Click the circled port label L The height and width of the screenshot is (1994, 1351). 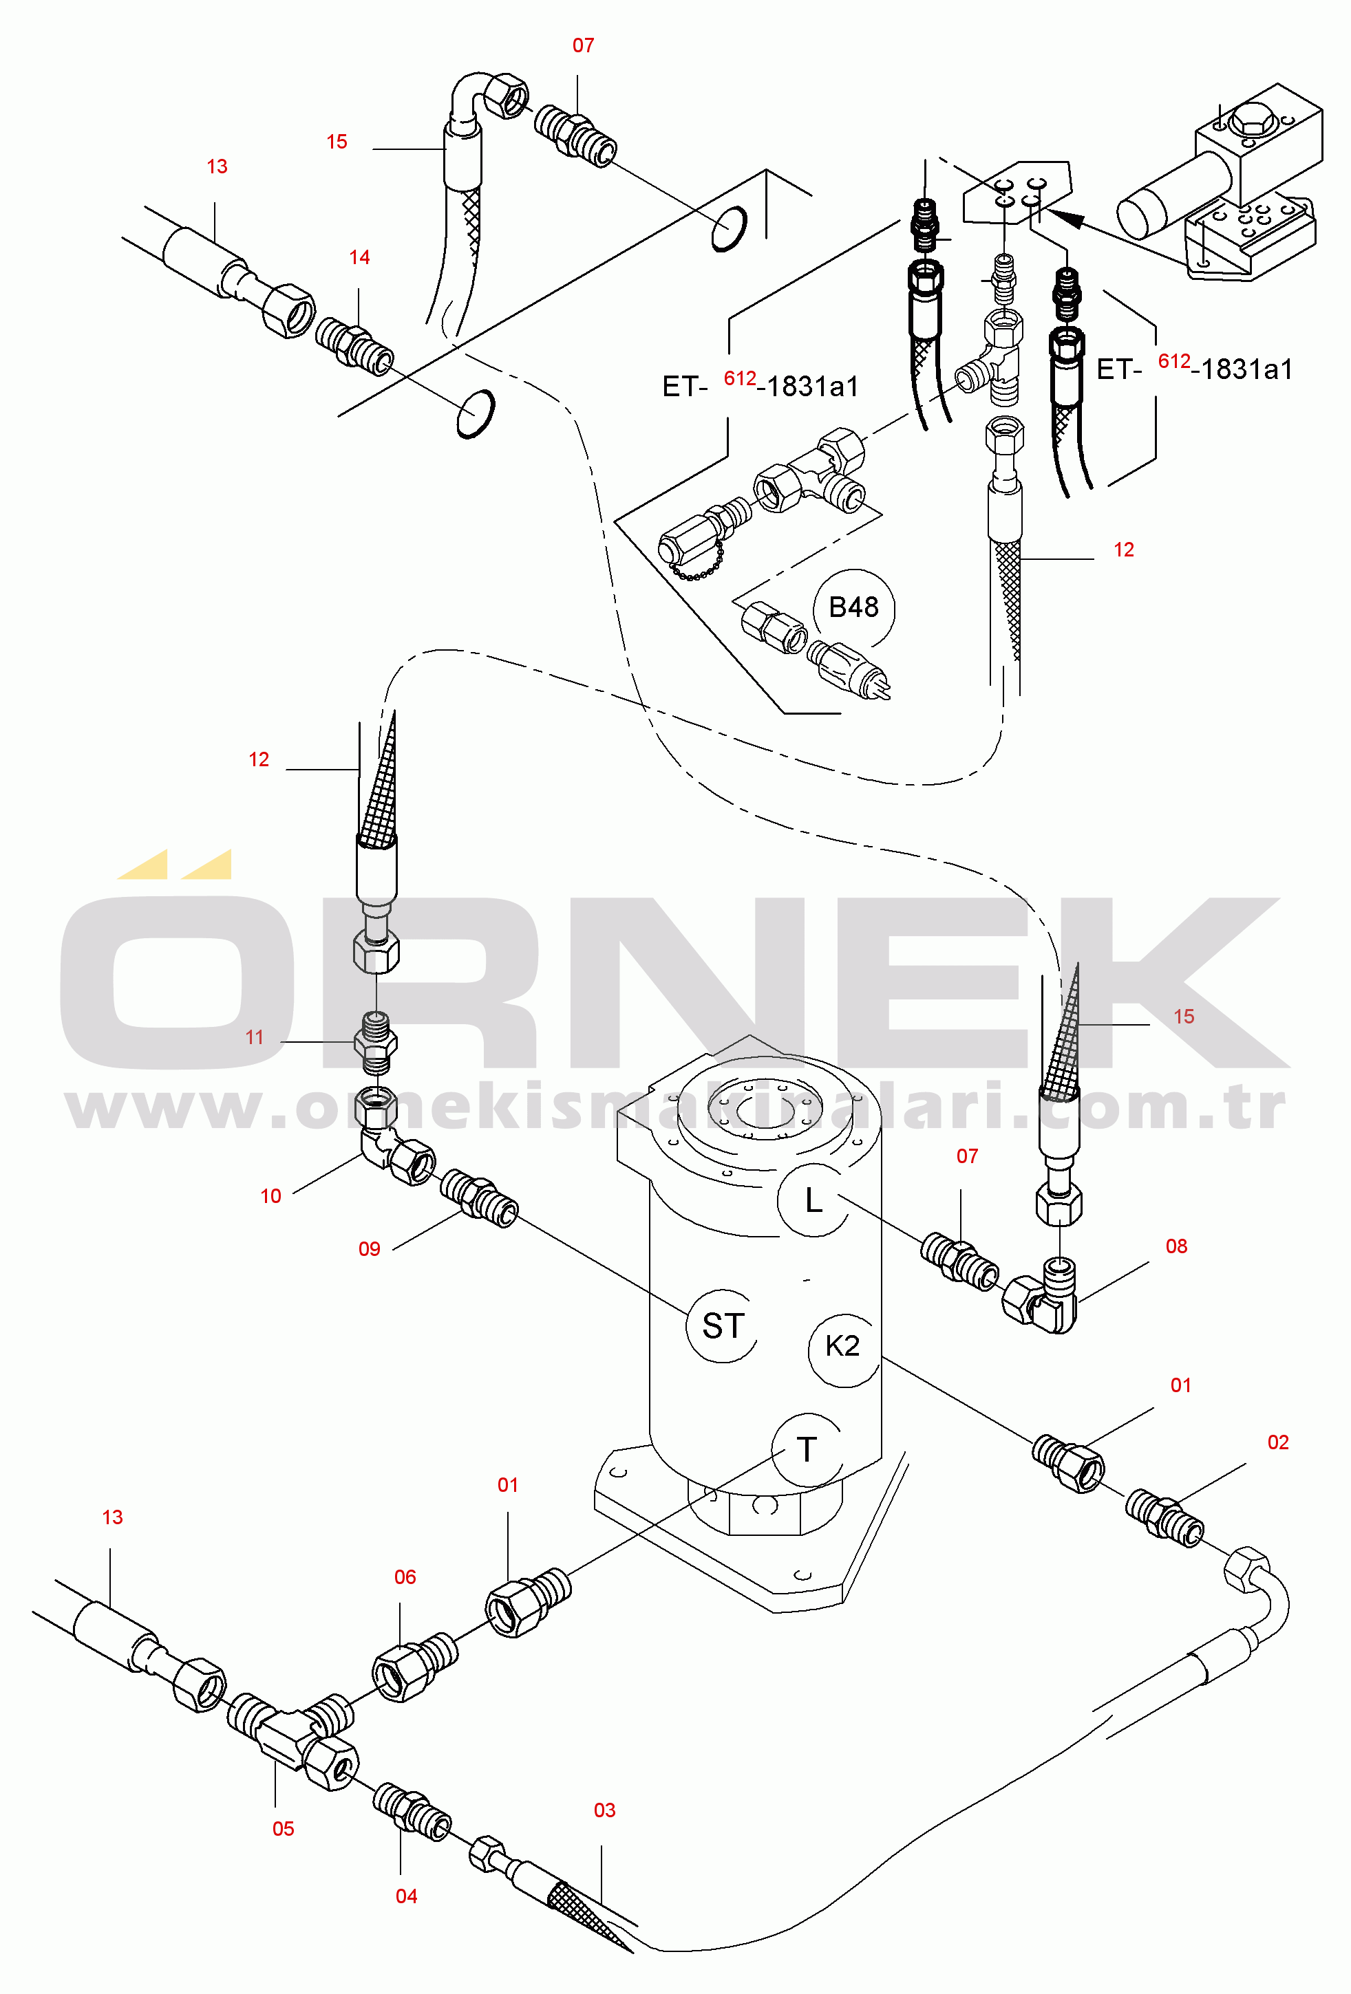point(813,1200)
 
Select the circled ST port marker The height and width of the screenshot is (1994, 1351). point(723,1325)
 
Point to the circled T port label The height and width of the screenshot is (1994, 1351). point(807,1449)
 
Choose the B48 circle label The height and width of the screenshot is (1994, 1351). point(853,607)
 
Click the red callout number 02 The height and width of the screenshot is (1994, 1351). point(1278,1442)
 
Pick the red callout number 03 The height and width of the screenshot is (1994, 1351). point(604,1810)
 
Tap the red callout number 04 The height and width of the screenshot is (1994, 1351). point(406,1896)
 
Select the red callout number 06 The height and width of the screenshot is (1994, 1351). point(404,1577)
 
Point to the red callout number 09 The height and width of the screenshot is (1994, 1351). point(369,1249)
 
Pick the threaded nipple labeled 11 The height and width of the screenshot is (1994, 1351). point(375,1043)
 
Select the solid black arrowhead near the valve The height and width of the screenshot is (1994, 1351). point(1063,217)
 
